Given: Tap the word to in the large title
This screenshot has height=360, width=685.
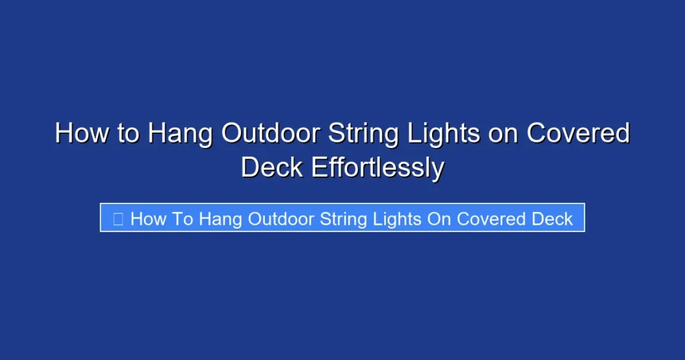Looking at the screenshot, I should click(127, 134).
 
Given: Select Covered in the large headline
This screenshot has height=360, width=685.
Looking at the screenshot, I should click(578, 134).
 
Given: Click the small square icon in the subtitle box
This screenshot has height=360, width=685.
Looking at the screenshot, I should click(118, 219).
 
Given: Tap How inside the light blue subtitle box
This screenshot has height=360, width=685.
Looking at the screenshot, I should click(146, 219).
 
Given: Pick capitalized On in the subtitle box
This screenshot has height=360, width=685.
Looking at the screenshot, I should click(439, 219).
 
